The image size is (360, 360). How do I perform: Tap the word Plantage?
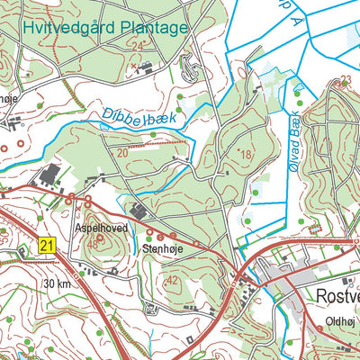coord(154,28)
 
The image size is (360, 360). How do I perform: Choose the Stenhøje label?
coord(162,243)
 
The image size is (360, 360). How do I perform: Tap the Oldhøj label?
coord(341,319)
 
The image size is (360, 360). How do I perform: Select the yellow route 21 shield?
coord(48,244)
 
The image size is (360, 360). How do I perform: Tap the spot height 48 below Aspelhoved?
coord(93,245)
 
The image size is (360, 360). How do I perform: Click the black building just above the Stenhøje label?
coord(139,212)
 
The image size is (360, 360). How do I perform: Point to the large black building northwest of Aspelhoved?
coord(49,173)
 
